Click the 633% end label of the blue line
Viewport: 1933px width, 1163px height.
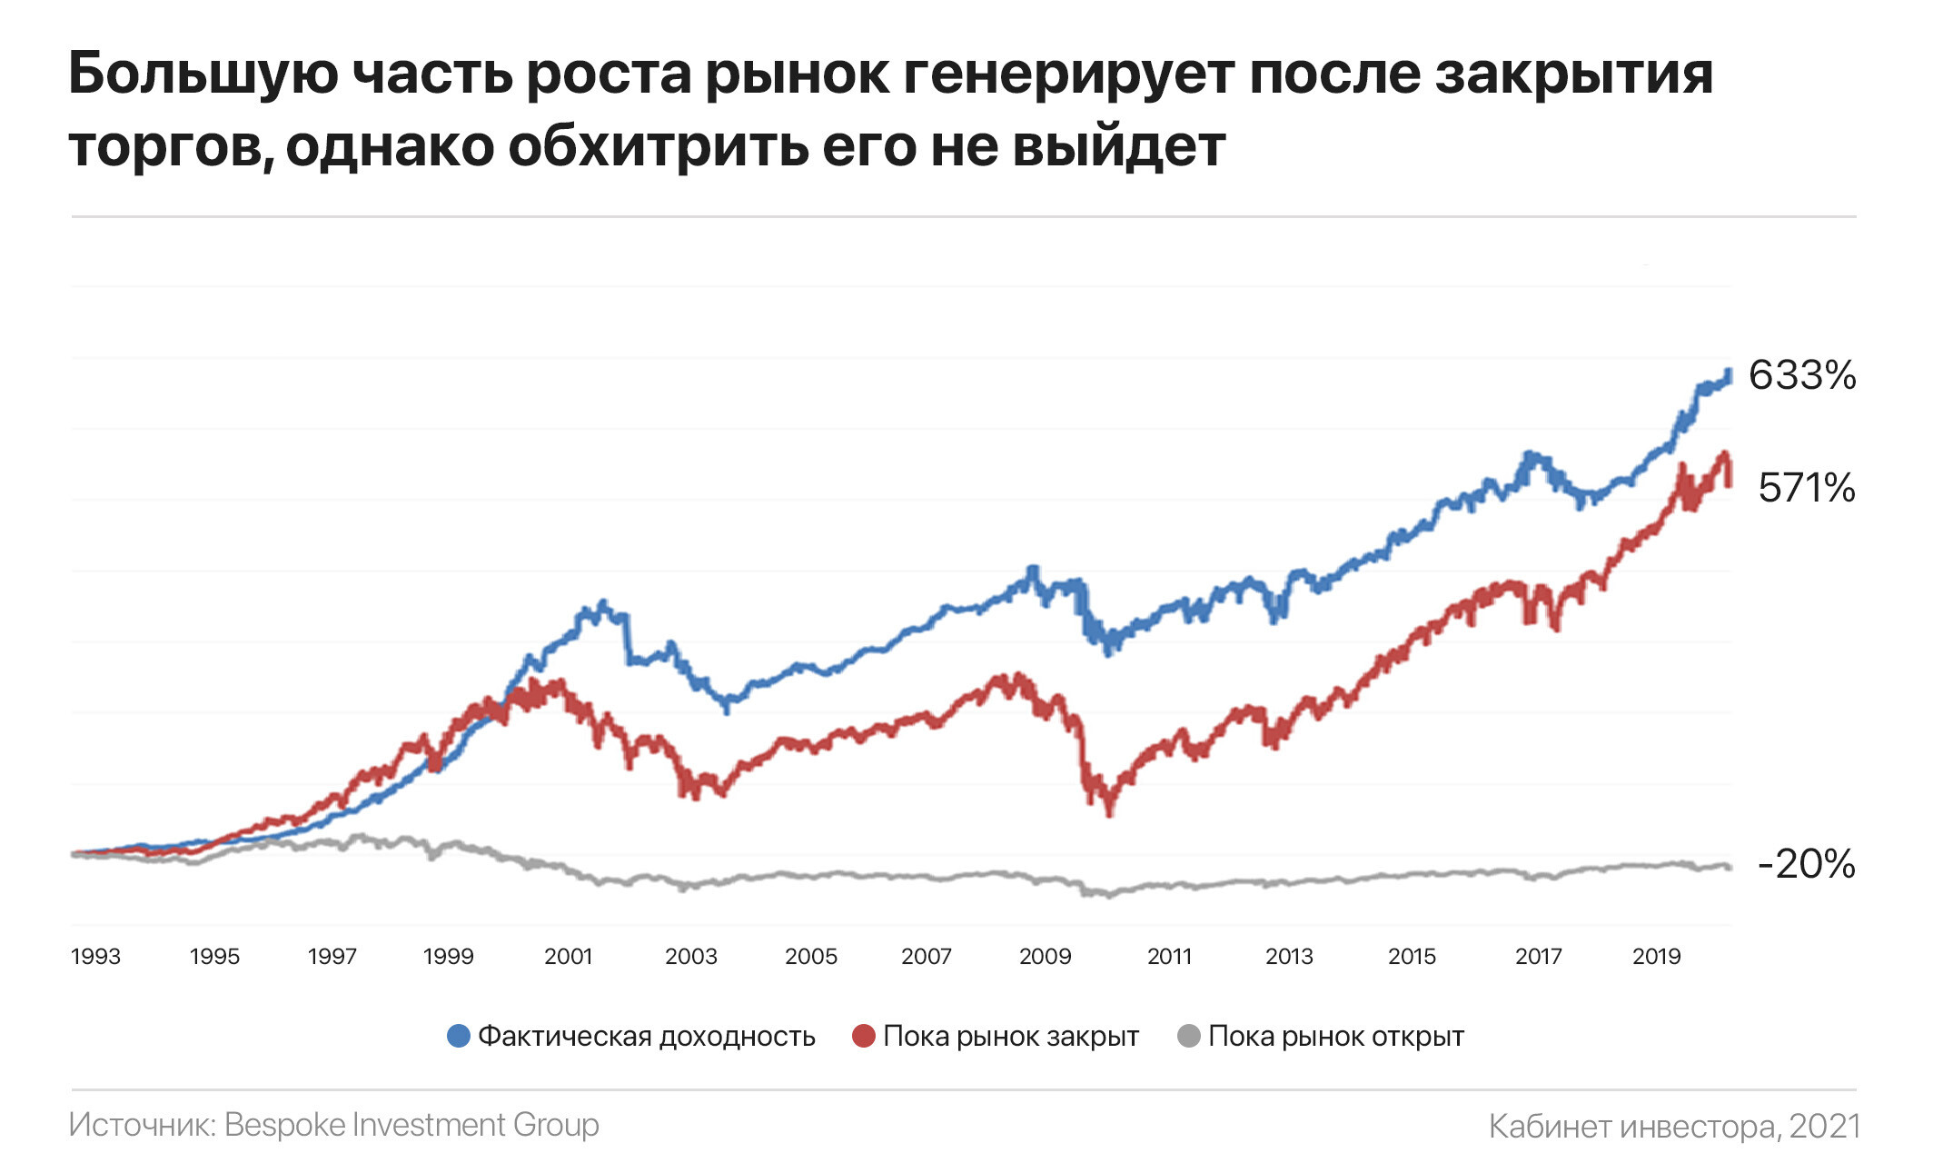click(x=1802, y=375)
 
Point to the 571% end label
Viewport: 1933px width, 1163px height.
click(x=1806, y=488)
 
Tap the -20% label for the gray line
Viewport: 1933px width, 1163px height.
click(x=1806, y=864)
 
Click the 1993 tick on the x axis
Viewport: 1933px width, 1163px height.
click(x=95, y=957)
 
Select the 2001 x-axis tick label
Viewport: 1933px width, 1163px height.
click(x=569, y=957)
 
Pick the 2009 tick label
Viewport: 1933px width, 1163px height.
click(x=1045, y=957)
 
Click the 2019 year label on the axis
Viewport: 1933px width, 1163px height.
click(x=1657, y=957)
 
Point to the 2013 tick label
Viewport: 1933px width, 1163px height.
click(x=1289, y=957)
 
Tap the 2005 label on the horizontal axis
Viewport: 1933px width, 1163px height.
click(x=811, y=957)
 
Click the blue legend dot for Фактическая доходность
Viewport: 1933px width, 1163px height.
click(x=459, y=1036)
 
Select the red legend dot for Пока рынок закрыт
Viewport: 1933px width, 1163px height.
click(x=863, y=1036)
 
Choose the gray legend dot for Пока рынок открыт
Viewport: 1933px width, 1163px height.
click(x=1188, y=1036)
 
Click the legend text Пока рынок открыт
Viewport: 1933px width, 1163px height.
click(x=1336, y=1037)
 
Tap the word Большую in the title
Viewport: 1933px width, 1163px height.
click(x=204, y=75)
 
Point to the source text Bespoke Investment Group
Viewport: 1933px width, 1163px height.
click(x=411, y=1125)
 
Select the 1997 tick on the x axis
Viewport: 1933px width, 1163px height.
click(x=332, y=957)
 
